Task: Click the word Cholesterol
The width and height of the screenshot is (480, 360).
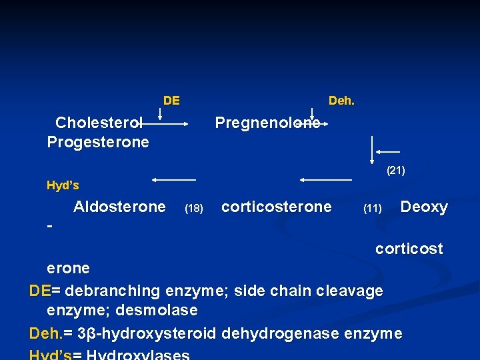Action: [99, 123]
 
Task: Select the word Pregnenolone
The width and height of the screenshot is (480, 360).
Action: [267, 123]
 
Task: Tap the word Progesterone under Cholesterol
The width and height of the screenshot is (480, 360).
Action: [98, 142]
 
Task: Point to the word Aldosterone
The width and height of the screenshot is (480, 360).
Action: [119, 207]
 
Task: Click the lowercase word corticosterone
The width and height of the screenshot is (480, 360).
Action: [276, 207]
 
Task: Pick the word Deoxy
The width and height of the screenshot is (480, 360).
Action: [424, 207]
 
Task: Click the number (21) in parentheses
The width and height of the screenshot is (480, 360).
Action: [396, 171]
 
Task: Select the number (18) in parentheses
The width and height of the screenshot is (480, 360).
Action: [194, 209]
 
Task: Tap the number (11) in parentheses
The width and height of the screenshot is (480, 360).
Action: [372, 209]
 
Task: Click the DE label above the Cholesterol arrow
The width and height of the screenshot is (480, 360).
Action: [171, 101]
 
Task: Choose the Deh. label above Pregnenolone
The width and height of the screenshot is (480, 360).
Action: [341, 101]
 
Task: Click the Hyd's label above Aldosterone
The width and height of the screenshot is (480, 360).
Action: [63, 185]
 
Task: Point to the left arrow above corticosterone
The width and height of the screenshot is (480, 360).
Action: [325, 180]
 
